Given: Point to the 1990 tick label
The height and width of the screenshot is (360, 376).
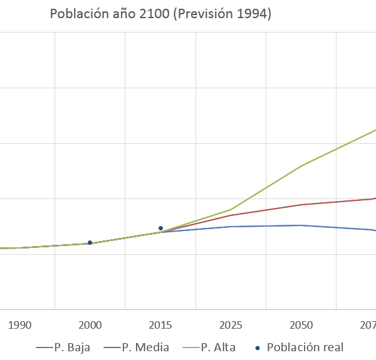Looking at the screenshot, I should pyautogui.click(x=19, y=326).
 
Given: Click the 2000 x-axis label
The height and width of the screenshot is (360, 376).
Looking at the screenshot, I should pyautogui.click(x=90, y=326).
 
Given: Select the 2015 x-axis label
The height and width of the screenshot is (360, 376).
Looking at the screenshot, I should pyautogui.click(x=160, y=326).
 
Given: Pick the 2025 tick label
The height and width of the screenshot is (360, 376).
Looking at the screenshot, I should pyautogui.click(x=231, y=326).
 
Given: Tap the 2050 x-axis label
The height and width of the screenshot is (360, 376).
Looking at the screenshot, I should pyautogui.click(x=301, y=326).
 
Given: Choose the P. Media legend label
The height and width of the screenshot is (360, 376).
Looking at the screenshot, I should pyautogui.click(x=145, y=347).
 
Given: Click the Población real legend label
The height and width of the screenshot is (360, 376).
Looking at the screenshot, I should pyautogui.click(x=305, y=347).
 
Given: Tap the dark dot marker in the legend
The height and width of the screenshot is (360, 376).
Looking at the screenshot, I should pyautogui.click(x=258, y=347).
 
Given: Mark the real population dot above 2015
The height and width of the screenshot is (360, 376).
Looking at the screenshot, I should pyautogui.click(x=160, y=229).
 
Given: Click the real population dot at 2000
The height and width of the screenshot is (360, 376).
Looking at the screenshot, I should pyautogui.click(x=90, y=242).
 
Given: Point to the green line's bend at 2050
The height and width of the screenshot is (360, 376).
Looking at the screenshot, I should pyautogui.click(x=301, y=166).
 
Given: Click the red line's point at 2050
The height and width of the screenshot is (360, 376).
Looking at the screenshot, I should pyautogui.click(x=301, y=205).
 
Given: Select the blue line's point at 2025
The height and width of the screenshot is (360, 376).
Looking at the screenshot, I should pyautogui.click(x=231, y=227).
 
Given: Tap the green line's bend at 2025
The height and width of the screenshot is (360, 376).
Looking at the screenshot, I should pyautogui.click(x=231, y=210).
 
